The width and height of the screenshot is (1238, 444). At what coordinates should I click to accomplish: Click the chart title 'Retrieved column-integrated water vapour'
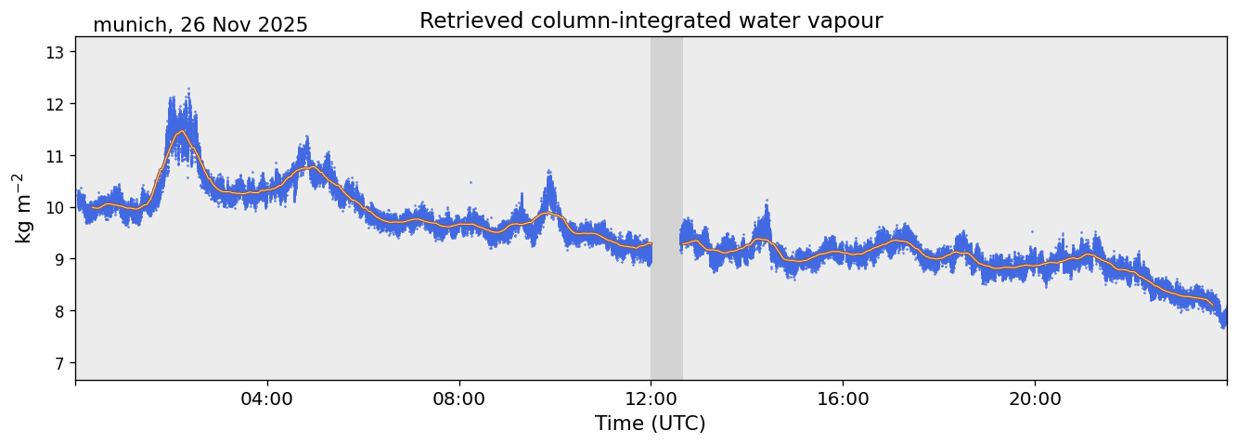pyautogui.click(x=651, y=20)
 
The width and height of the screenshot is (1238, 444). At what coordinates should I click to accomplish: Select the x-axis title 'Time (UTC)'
pyautogui.click(x=650, y=424)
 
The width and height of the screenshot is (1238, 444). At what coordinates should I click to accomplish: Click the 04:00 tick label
pyautogui.click(x=267, y=398)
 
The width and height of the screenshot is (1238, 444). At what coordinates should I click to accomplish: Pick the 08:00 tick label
pyautogui.click(x=459, y=398)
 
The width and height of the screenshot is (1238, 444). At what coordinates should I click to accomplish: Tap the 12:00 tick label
pyautogui.click(x=651, y=398)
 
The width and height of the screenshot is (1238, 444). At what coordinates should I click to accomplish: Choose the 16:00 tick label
pyautogui.click(x=843, y=398)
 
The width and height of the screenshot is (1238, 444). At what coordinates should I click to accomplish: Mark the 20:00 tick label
pyautogui.click(x=1035, y=398)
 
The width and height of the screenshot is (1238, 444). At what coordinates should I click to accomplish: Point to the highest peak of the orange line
pyautogui.click(x=181, y=131)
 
